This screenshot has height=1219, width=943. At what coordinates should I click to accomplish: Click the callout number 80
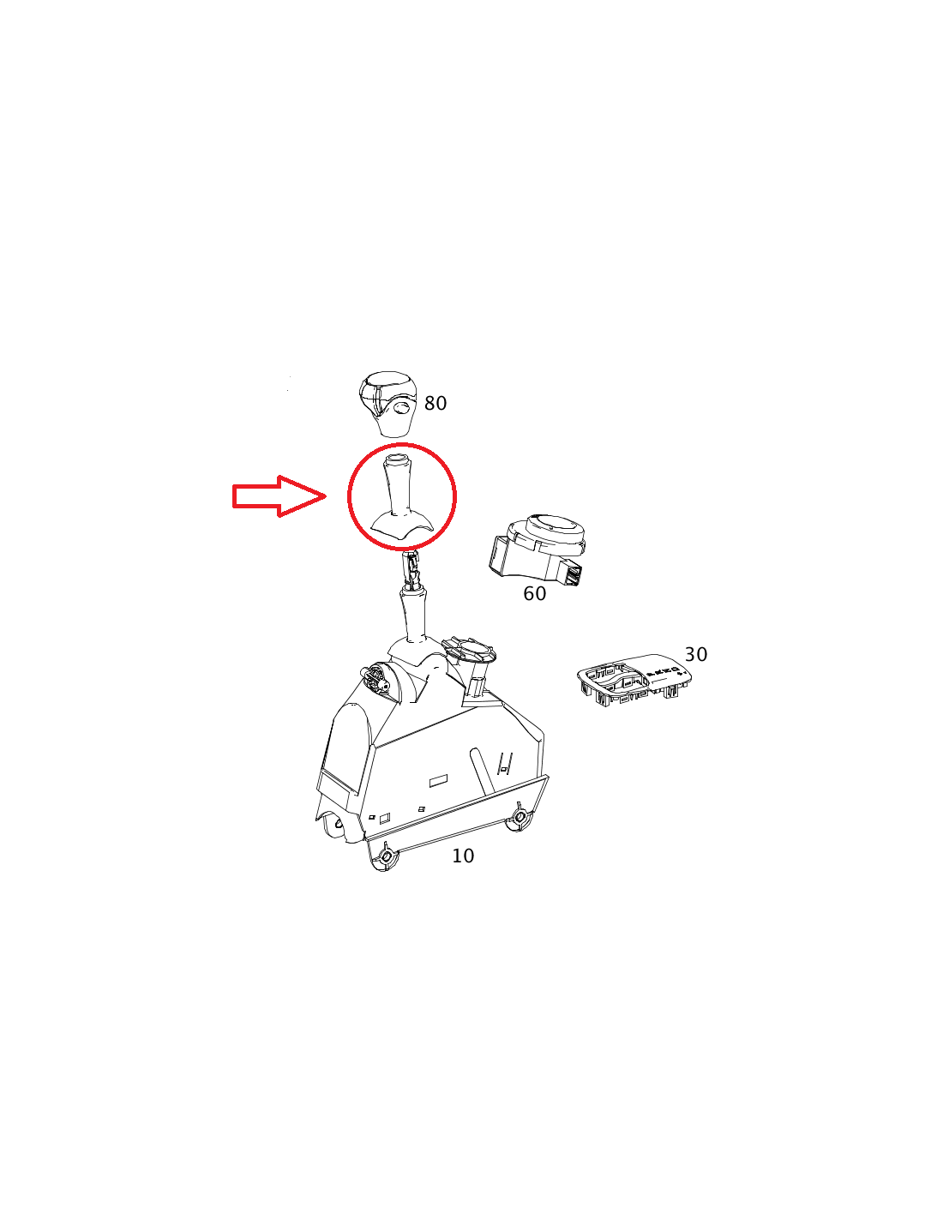click(x=435, y=404)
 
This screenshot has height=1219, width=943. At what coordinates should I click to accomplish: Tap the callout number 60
click(x=534, y=593)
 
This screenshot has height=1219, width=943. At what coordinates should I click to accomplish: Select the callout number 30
click(x=695, y=654)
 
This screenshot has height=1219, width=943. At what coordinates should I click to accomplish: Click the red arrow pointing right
click(x=279, y=495)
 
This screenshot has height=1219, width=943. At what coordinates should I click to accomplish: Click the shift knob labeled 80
click(x=387, y=404)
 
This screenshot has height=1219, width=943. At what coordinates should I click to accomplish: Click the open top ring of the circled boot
click(x=398, y=459)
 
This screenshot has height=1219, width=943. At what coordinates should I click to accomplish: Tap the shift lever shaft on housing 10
click(x=413, y=616)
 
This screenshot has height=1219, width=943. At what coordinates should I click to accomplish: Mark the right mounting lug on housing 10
click(x=520, y=820)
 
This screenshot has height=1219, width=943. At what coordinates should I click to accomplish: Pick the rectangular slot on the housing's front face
click(x=439, y=782)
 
